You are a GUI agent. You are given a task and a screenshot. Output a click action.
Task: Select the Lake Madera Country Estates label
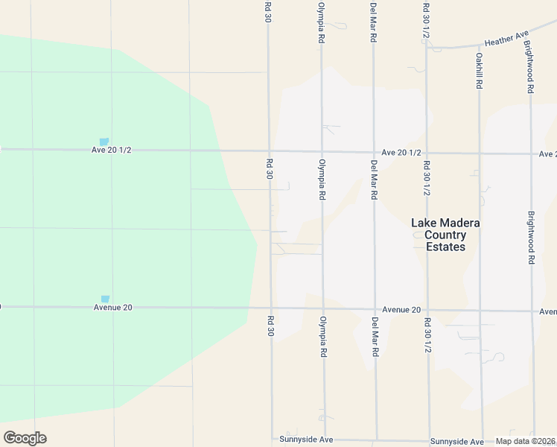(446, 235)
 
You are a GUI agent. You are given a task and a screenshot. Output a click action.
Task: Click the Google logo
(25, 438)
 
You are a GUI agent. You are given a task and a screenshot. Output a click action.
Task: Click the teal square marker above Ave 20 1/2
(104, 142)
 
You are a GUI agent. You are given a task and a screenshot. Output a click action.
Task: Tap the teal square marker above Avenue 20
(105, 299)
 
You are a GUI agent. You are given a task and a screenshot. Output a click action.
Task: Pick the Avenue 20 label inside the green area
(112, 307)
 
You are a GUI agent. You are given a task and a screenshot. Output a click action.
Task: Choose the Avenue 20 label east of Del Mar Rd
(402, 309)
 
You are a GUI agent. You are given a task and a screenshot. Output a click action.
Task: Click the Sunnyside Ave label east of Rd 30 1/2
(456, 440)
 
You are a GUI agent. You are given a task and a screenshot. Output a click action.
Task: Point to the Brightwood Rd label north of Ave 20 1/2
(529, 67)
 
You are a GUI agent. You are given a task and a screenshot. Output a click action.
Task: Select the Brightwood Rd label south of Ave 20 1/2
(531, 238)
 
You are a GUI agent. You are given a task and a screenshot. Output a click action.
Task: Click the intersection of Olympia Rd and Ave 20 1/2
(322, 151)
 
